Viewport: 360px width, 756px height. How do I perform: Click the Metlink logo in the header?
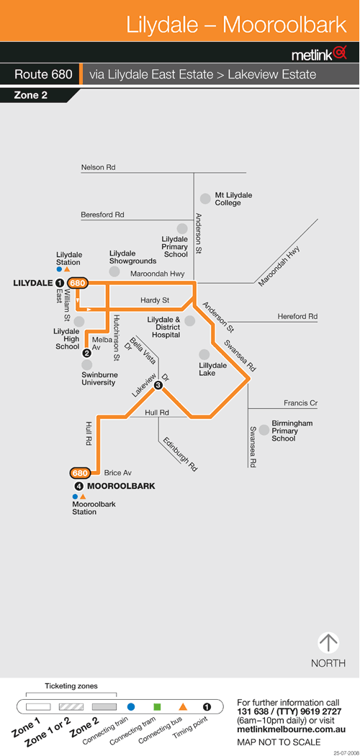pyautogui.click(x=319, y=53)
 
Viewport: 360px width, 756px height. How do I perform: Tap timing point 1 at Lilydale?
pyautogui.click(x=59, y=284)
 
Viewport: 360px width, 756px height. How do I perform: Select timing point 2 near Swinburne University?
pyautogui.click(x=86, y=353)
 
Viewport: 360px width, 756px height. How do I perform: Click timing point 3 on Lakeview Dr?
pyautogui.click(x=158, y=385)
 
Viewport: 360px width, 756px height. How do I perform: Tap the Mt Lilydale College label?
pyautogui.click(x=233, y=199)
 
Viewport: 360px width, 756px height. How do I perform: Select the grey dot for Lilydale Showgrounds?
pyautogui.click(x=114, y=271)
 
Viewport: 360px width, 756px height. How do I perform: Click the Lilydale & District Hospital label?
pyautogui.click(x=164, y=327)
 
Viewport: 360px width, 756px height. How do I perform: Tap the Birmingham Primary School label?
pyautogui.click(x=292, y=431)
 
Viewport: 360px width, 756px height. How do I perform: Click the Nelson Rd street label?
pyautogui.click(x=99, y=167)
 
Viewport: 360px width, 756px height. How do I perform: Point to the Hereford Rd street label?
pyautogui.click(x=297, y=317)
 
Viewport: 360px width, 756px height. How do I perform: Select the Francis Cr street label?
pyautogui.click(x=301, y=403)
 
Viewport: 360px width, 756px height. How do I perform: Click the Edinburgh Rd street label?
pyautogui.click(x=180, y=454)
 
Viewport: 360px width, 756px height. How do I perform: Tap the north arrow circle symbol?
pyautogui.click(x=328, y=643)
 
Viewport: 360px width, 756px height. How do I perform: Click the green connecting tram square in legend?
pyautogui.click(x=157, y=707)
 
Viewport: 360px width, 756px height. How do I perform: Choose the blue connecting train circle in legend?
pyautogui.click(x=130, y=707)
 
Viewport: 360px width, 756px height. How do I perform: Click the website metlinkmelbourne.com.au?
pyautogui.click(x=291, y=730)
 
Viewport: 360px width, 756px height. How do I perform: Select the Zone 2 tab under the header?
pyautogui.click(x=31, y=96)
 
